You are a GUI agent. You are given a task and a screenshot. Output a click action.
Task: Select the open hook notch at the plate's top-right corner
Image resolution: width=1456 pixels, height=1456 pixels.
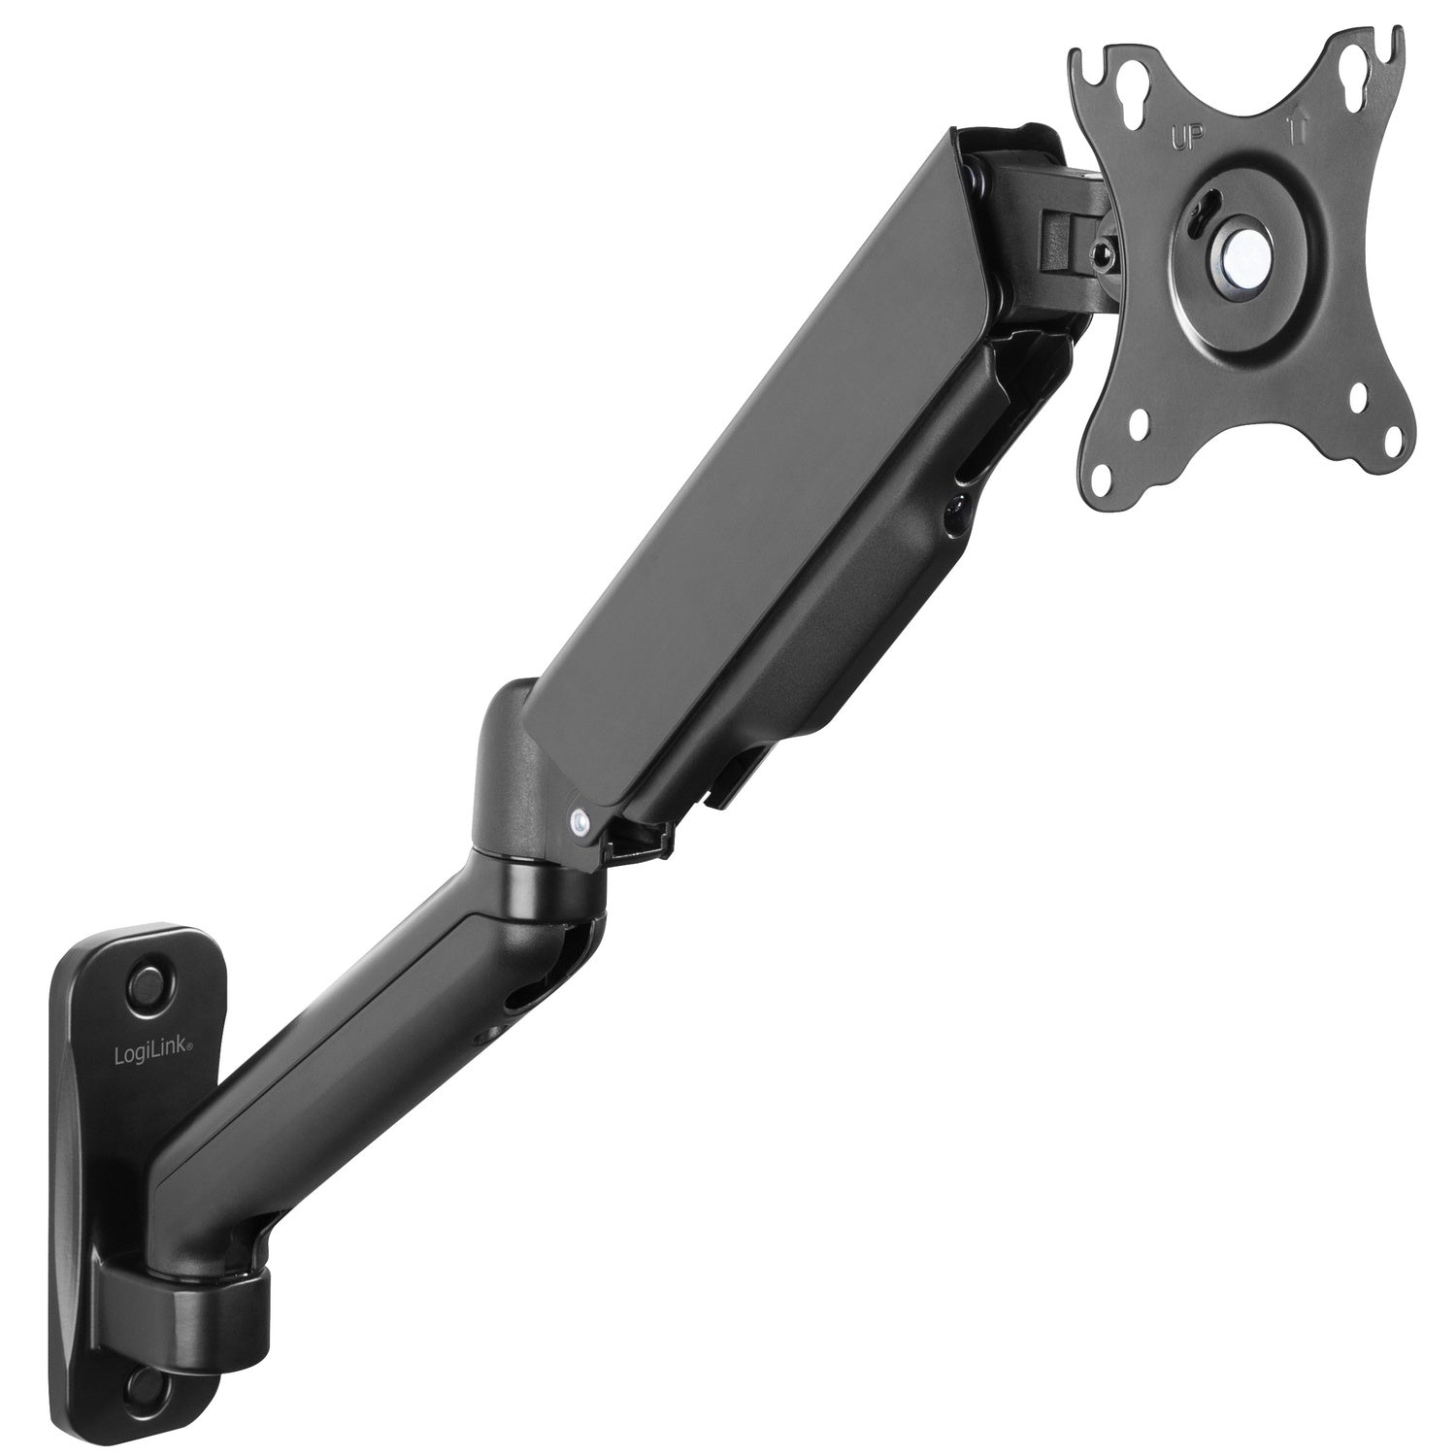1391,35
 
